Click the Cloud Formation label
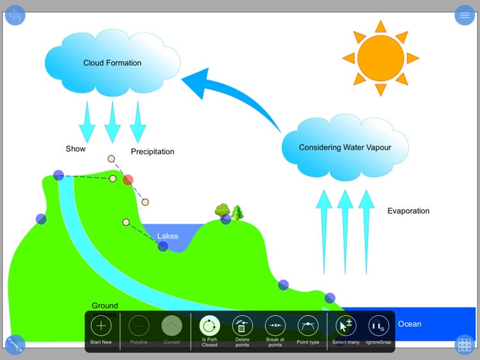[112, 63]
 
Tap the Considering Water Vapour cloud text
[344, 147]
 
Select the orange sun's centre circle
[381, 58]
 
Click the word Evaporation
[408, 211]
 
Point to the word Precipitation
[152, 152]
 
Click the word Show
[76, 149]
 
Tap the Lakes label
[168, 236]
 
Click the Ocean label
[410, 324]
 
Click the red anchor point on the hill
[128, 180]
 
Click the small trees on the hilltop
[230, 211]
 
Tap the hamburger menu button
[465, 15]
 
